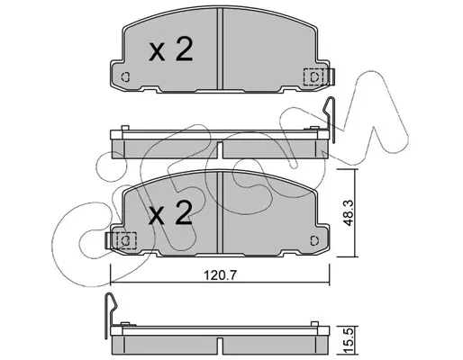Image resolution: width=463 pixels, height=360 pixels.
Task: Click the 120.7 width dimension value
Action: [x=221, y=275]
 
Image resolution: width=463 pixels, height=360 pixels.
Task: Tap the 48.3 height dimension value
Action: [x=349, y=213]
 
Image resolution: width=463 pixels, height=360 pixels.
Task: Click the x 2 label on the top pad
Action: [x=170, y=49]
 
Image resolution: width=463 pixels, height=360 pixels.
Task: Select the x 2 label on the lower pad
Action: [x=170, y=212]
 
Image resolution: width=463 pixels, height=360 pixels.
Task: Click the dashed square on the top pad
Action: [x=313, y=76]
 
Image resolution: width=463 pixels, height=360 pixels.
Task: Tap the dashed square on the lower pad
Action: [x=126, y=240]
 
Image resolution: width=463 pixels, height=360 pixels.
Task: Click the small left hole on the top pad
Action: [x=125, y=77]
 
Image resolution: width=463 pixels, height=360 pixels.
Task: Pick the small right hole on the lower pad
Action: [x=314, y=240]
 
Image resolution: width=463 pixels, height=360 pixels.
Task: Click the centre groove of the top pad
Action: [x=220, y=49]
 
